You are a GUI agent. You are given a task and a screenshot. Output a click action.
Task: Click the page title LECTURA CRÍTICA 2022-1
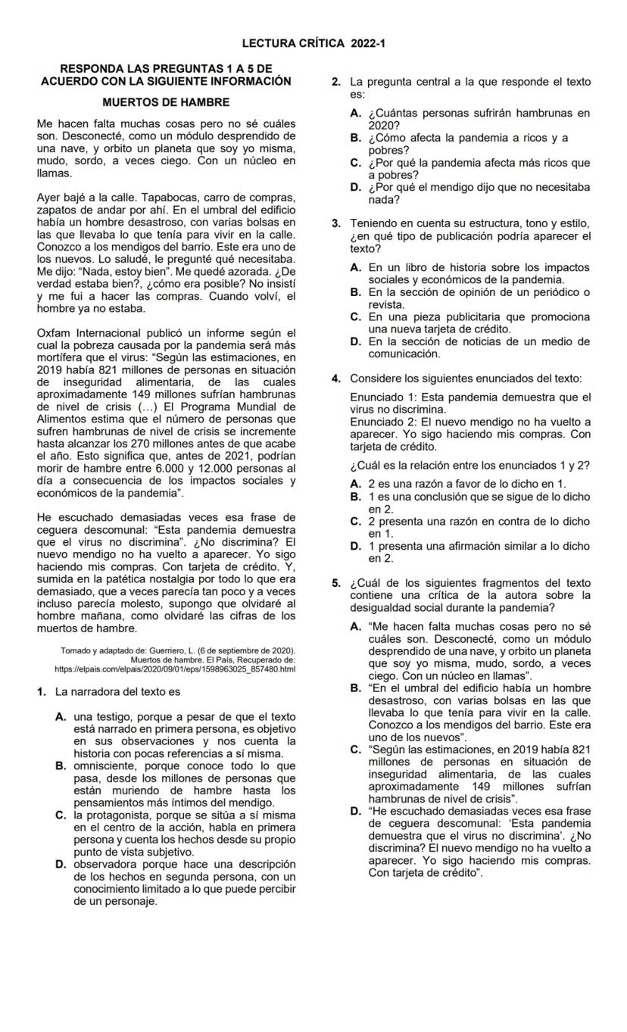coord(314,44)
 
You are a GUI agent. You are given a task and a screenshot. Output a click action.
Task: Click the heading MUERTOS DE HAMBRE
coord(166,101)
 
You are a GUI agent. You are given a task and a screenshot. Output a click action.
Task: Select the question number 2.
coord(335,82)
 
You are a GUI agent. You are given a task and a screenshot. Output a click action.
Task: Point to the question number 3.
coord(335,223)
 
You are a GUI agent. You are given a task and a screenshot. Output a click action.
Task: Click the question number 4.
coord(335,378)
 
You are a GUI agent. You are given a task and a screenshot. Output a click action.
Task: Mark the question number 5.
coord(335,582)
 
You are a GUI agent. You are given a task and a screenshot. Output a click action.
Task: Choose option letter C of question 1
coord(60,815)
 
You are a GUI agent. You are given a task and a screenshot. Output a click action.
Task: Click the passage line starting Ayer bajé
coord(166,198)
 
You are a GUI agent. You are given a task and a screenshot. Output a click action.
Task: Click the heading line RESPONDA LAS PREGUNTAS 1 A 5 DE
coord(166,69)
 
